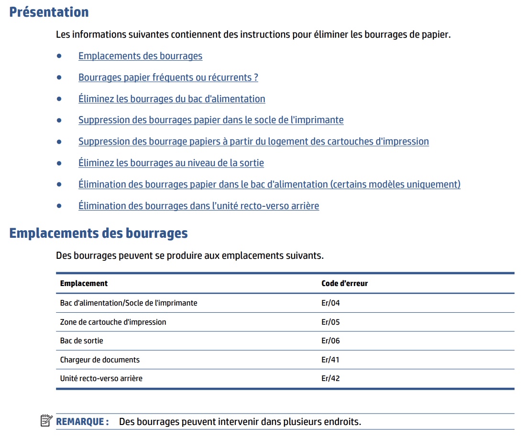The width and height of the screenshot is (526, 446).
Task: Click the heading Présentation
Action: [x=49, y=12]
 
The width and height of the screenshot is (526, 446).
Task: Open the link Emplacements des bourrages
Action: [x=140, y=56]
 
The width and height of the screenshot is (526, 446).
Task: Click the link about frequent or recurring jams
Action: [x=168, y=77]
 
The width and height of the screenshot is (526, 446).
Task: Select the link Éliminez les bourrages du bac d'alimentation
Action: [x=172, y=99]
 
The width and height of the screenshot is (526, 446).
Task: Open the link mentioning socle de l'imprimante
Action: [x=211, y=120]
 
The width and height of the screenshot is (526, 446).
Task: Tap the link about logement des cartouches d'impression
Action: [x=253, y=141]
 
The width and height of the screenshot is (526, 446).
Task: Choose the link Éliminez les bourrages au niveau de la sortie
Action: [x=171, y=163]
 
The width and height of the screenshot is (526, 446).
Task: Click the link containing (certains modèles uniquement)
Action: [x=269, y=184]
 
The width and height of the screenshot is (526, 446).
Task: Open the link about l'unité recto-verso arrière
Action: [x=198, y=206]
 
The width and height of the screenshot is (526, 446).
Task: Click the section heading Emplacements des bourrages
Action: [x=99, y=234]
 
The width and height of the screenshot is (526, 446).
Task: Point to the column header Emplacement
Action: [x=84, y=283]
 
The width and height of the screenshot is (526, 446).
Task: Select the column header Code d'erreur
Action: [x=344, y=283]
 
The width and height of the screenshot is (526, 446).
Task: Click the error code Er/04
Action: [x=330, y=303]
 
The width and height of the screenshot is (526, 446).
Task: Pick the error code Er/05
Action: [x=330, y=322]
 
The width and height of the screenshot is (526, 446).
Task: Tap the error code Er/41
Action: [x=330, y=360]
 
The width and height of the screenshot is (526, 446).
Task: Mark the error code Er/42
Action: [x=330, y=378]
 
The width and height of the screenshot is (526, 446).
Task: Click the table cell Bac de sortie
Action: [x=81, y=340]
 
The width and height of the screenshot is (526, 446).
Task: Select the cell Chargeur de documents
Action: [x=99, y=360]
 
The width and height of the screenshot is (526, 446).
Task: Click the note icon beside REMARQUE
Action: [x=46, y=421]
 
